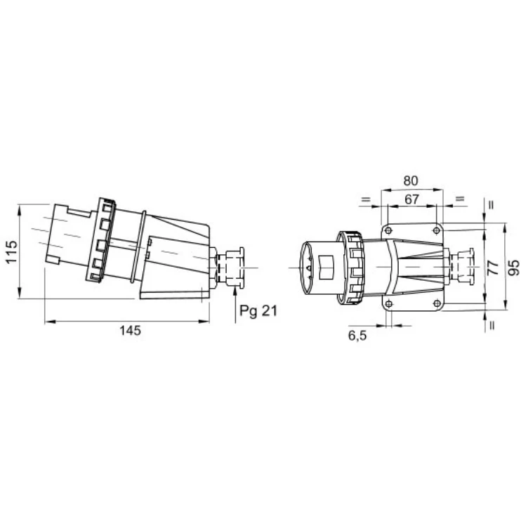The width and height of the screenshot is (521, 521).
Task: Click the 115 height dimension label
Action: pos(11,252)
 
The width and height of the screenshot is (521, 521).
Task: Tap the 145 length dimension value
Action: pos(131,331)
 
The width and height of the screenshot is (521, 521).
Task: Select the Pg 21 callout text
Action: pos(258,311)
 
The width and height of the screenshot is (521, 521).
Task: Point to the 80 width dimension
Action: pos(411,180)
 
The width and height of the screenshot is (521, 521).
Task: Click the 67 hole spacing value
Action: pos(411,199)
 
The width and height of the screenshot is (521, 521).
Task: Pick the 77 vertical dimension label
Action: pos(493,268)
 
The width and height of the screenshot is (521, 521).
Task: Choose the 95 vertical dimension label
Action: pos(514,268)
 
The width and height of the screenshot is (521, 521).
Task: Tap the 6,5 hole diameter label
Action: pos(357,336)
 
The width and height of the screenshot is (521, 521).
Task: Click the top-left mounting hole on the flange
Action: pos(388,230)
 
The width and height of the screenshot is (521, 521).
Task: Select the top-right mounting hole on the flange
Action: pos(437,230)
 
